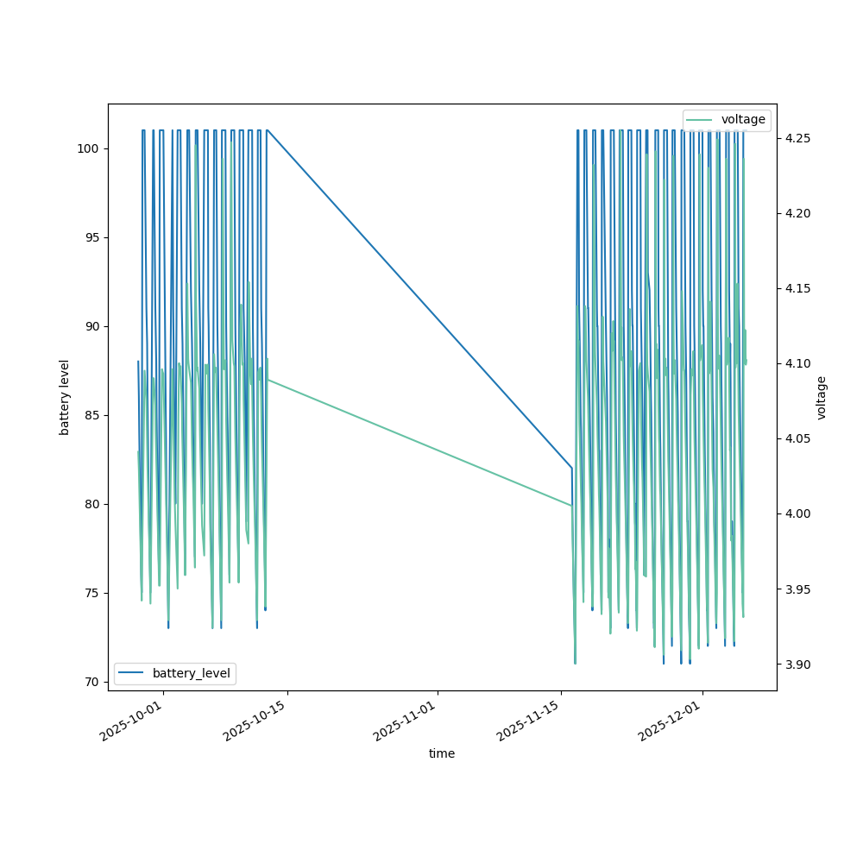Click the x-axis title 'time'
pos(442,753)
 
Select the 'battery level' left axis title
pos(64,397)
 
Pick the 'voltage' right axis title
pos(822,397)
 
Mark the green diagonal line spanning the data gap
pos(419,442)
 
